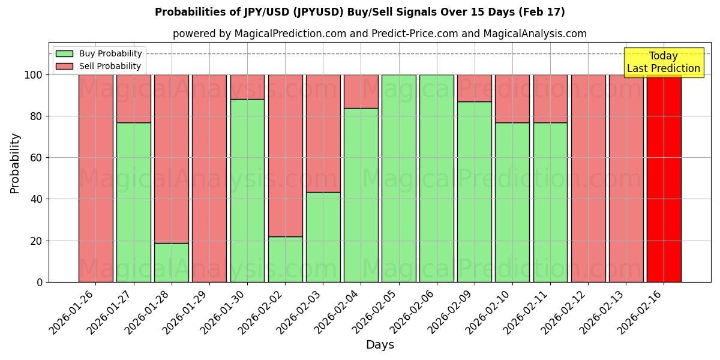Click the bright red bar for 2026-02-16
point(664,178)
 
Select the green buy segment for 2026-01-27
point(133,202)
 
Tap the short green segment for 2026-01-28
point(171,262)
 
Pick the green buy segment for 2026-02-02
point(285,259)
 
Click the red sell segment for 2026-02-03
point(323,133)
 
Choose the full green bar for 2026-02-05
point(398,178)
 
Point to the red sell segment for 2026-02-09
point(474,88)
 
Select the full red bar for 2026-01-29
point(209,178)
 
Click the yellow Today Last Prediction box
point(663,62)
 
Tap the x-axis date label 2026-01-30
point(223,311)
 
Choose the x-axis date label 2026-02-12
point(564,311)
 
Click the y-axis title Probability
point(15,163)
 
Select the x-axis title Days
point(380,345)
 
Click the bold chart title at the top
point(360,12)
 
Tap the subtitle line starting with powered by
point(380,34)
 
